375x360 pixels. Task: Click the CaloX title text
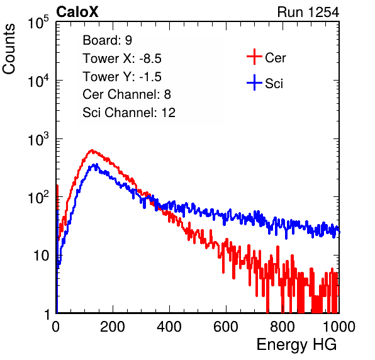(77, 12)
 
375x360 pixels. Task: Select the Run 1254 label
(308, 12)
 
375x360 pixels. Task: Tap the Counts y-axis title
(9, 49)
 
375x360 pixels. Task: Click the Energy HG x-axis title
(296, 345)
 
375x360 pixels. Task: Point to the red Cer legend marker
(254, 57)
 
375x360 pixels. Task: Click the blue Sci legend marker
(254, 82)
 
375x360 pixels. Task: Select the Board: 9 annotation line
(107, 40)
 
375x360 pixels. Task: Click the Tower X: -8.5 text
(122, 59)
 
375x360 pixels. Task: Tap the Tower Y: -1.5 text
(122, 77)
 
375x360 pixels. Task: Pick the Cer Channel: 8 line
(126, 94)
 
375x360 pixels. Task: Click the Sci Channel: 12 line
(129, 113)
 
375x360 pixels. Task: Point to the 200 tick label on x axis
(113, 327)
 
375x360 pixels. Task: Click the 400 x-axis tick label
(169, 327)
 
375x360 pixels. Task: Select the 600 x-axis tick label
(226, 327)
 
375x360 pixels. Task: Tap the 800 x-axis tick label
(283, 327)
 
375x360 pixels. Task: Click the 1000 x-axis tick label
(339, 327)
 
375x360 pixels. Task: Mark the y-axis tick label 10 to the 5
(38, 22)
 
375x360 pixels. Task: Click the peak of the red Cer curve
(92, 150)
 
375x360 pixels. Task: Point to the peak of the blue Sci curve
(96, 164)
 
